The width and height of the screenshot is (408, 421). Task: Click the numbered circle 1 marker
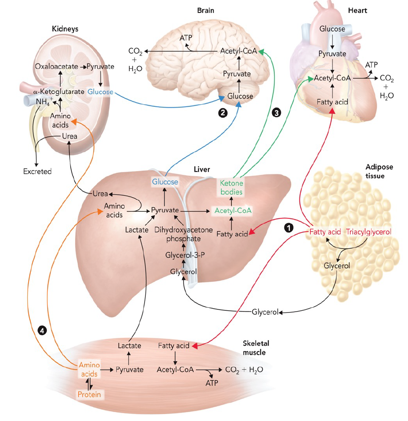coord(289,227)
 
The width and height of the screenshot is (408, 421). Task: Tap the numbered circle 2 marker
coord(222,112)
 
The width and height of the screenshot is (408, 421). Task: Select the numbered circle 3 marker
coord(276,112)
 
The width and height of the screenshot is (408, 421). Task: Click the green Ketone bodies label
coord(231,187)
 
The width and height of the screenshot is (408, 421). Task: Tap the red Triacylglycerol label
coord(369,232)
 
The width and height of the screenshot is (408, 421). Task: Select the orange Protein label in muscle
coord(89,394)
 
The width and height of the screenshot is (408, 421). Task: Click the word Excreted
coord(37,171)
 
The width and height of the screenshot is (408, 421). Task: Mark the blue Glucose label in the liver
coord(165,182)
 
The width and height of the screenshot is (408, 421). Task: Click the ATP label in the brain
coord(186,38)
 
